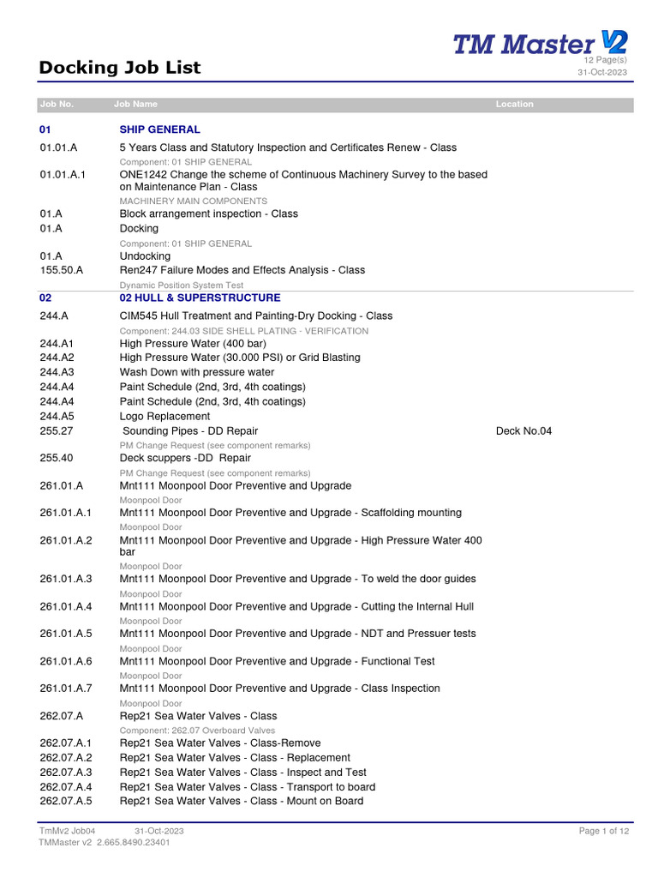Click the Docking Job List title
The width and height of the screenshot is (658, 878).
coord(120,67)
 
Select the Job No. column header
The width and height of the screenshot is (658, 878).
coord(57,104)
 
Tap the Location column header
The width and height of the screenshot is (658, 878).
coord(514,104)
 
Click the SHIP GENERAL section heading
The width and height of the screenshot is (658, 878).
coord(159,129)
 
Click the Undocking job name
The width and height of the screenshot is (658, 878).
coord(145,256)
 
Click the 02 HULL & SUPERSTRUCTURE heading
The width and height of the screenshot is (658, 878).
coord(200,298)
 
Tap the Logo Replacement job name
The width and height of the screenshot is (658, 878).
coord(164,416)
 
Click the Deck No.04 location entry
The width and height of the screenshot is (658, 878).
coord(523,430)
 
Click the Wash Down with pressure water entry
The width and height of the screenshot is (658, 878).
coord(197,372)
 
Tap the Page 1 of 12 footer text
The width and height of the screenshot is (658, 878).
coord(604,831)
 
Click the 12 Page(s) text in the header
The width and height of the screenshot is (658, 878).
coord(605,60)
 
